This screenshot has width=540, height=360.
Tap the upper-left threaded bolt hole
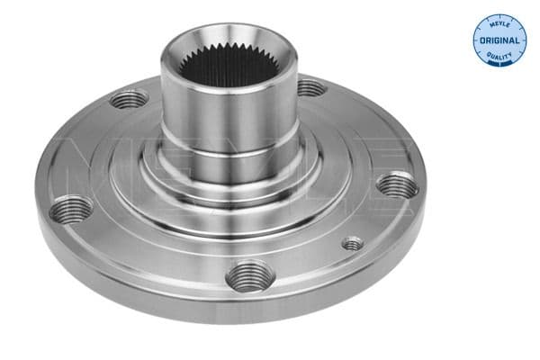130,98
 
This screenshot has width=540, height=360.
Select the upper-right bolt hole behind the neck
309,88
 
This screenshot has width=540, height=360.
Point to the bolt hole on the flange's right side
397,186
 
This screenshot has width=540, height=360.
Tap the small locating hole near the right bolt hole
353,243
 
